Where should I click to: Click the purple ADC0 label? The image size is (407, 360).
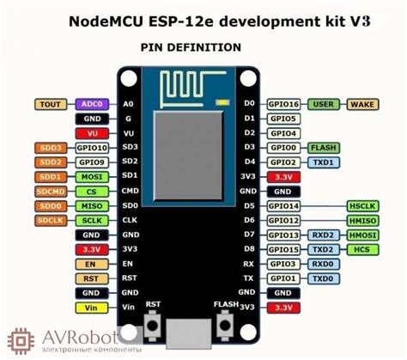tap(89, 103)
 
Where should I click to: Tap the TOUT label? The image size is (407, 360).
tap(50, 103)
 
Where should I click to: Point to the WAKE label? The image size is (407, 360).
tap(365, 103)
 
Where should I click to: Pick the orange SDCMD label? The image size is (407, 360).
tap(50, 191)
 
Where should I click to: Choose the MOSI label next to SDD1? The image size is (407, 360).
tap(89, 176)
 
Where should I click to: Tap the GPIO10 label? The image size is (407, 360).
tap(89, 147)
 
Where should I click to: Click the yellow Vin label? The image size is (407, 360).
tap(50, 307)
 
